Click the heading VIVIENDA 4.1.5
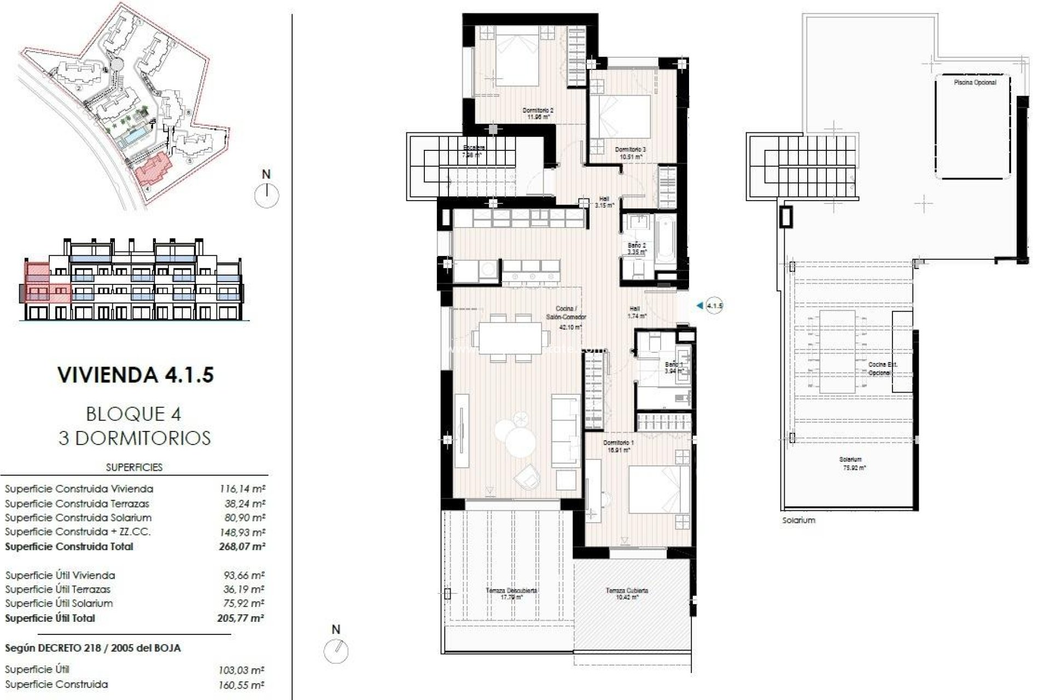point(136,375)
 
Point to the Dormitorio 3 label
point(630,153)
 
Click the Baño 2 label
point(637,249)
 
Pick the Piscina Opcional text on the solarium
point(975,83)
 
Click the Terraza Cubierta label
point(627,593)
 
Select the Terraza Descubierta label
point(511,593)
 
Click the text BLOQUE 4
point(133,414)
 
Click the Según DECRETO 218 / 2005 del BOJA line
point(93,648)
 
